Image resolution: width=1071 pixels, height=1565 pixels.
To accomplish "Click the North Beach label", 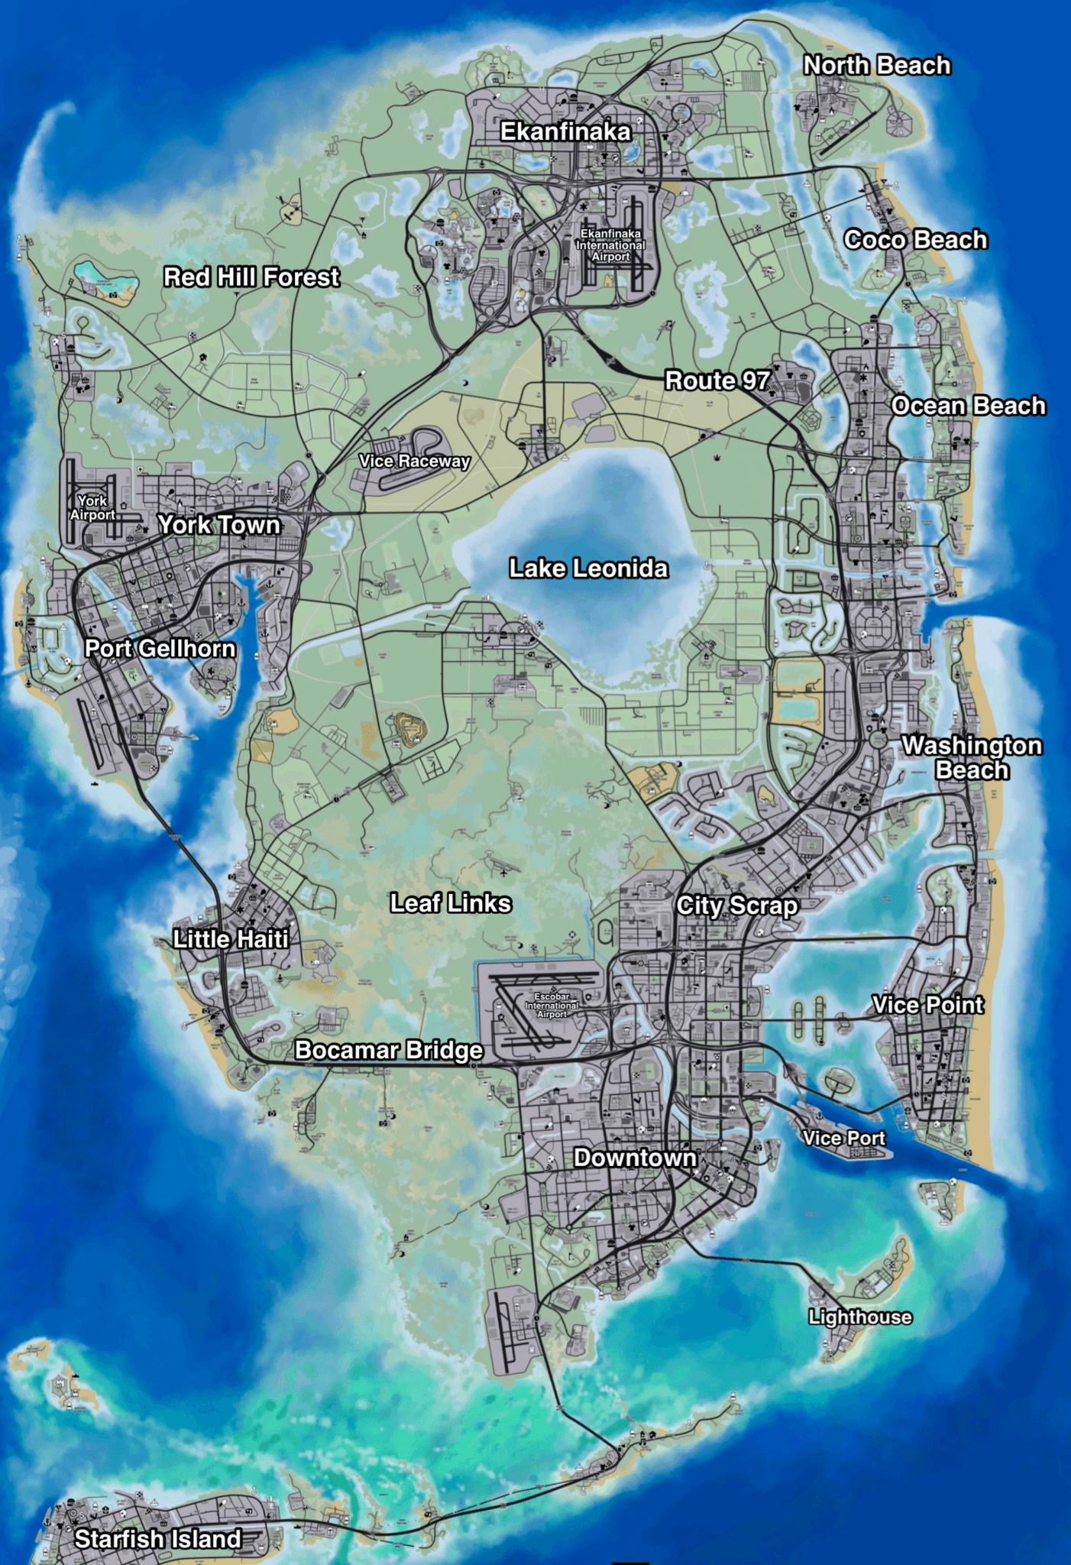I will (x=877, y=66).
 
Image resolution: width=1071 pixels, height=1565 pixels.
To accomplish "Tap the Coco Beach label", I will (x=915, y=240).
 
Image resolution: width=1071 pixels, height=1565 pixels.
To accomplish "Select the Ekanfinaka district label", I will (x=565, y=132).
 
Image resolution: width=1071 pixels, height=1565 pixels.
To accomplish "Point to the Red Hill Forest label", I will (x=251, y=277).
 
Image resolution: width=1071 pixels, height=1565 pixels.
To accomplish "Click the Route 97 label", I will (x=717, y=381).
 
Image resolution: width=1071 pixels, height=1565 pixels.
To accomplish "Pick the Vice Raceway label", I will (x=414, y=461).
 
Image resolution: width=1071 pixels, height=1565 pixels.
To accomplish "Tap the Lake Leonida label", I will (x=588, y=569).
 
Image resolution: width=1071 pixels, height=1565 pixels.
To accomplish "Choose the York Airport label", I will (x=92, y=507).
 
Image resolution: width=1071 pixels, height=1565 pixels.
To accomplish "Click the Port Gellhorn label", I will (x=160, y=649).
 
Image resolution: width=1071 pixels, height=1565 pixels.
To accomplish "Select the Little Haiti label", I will (x=231, y=939).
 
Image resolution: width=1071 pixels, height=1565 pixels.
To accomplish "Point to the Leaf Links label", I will (x=451, y=903).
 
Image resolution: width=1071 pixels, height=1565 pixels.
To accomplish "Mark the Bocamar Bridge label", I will (x=389, y=1051).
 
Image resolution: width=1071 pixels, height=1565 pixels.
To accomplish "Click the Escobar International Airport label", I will (x=552, y=1006).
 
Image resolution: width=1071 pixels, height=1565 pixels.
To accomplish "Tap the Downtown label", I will (x=635, y=1158).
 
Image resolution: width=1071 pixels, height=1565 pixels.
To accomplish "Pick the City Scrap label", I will (x=737, y=906).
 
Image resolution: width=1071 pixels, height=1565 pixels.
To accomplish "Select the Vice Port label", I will (x=843, y=1139).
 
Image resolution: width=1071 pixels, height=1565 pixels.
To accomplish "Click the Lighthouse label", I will (x=860, y=1317).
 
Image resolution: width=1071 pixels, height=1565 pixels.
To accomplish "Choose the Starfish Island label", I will (x=157, y=1539).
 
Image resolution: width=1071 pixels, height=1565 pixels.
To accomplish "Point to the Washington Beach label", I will (x=972, y=757).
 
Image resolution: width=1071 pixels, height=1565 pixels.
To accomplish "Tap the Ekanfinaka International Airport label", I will (x=610, y=245).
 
